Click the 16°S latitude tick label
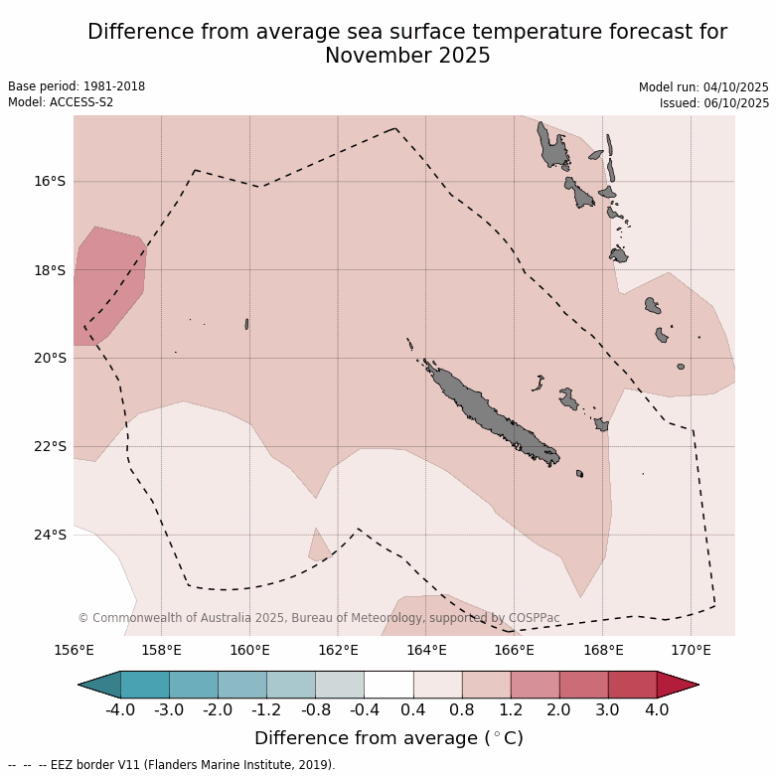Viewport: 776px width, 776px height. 49,181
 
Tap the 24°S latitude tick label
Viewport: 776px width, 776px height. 49,535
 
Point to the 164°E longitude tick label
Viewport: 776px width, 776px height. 425,651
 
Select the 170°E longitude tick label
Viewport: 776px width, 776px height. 691,651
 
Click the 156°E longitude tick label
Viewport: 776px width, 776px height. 74,651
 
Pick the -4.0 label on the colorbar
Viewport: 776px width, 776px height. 120,710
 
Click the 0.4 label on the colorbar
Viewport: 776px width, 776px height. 413,710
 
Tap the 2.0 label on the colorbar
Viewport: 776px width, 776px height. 559,710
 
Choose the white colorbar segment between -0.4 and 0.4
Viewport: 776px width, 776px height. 388,684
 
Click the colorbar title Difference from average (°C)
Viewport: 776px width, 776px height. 388,738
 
